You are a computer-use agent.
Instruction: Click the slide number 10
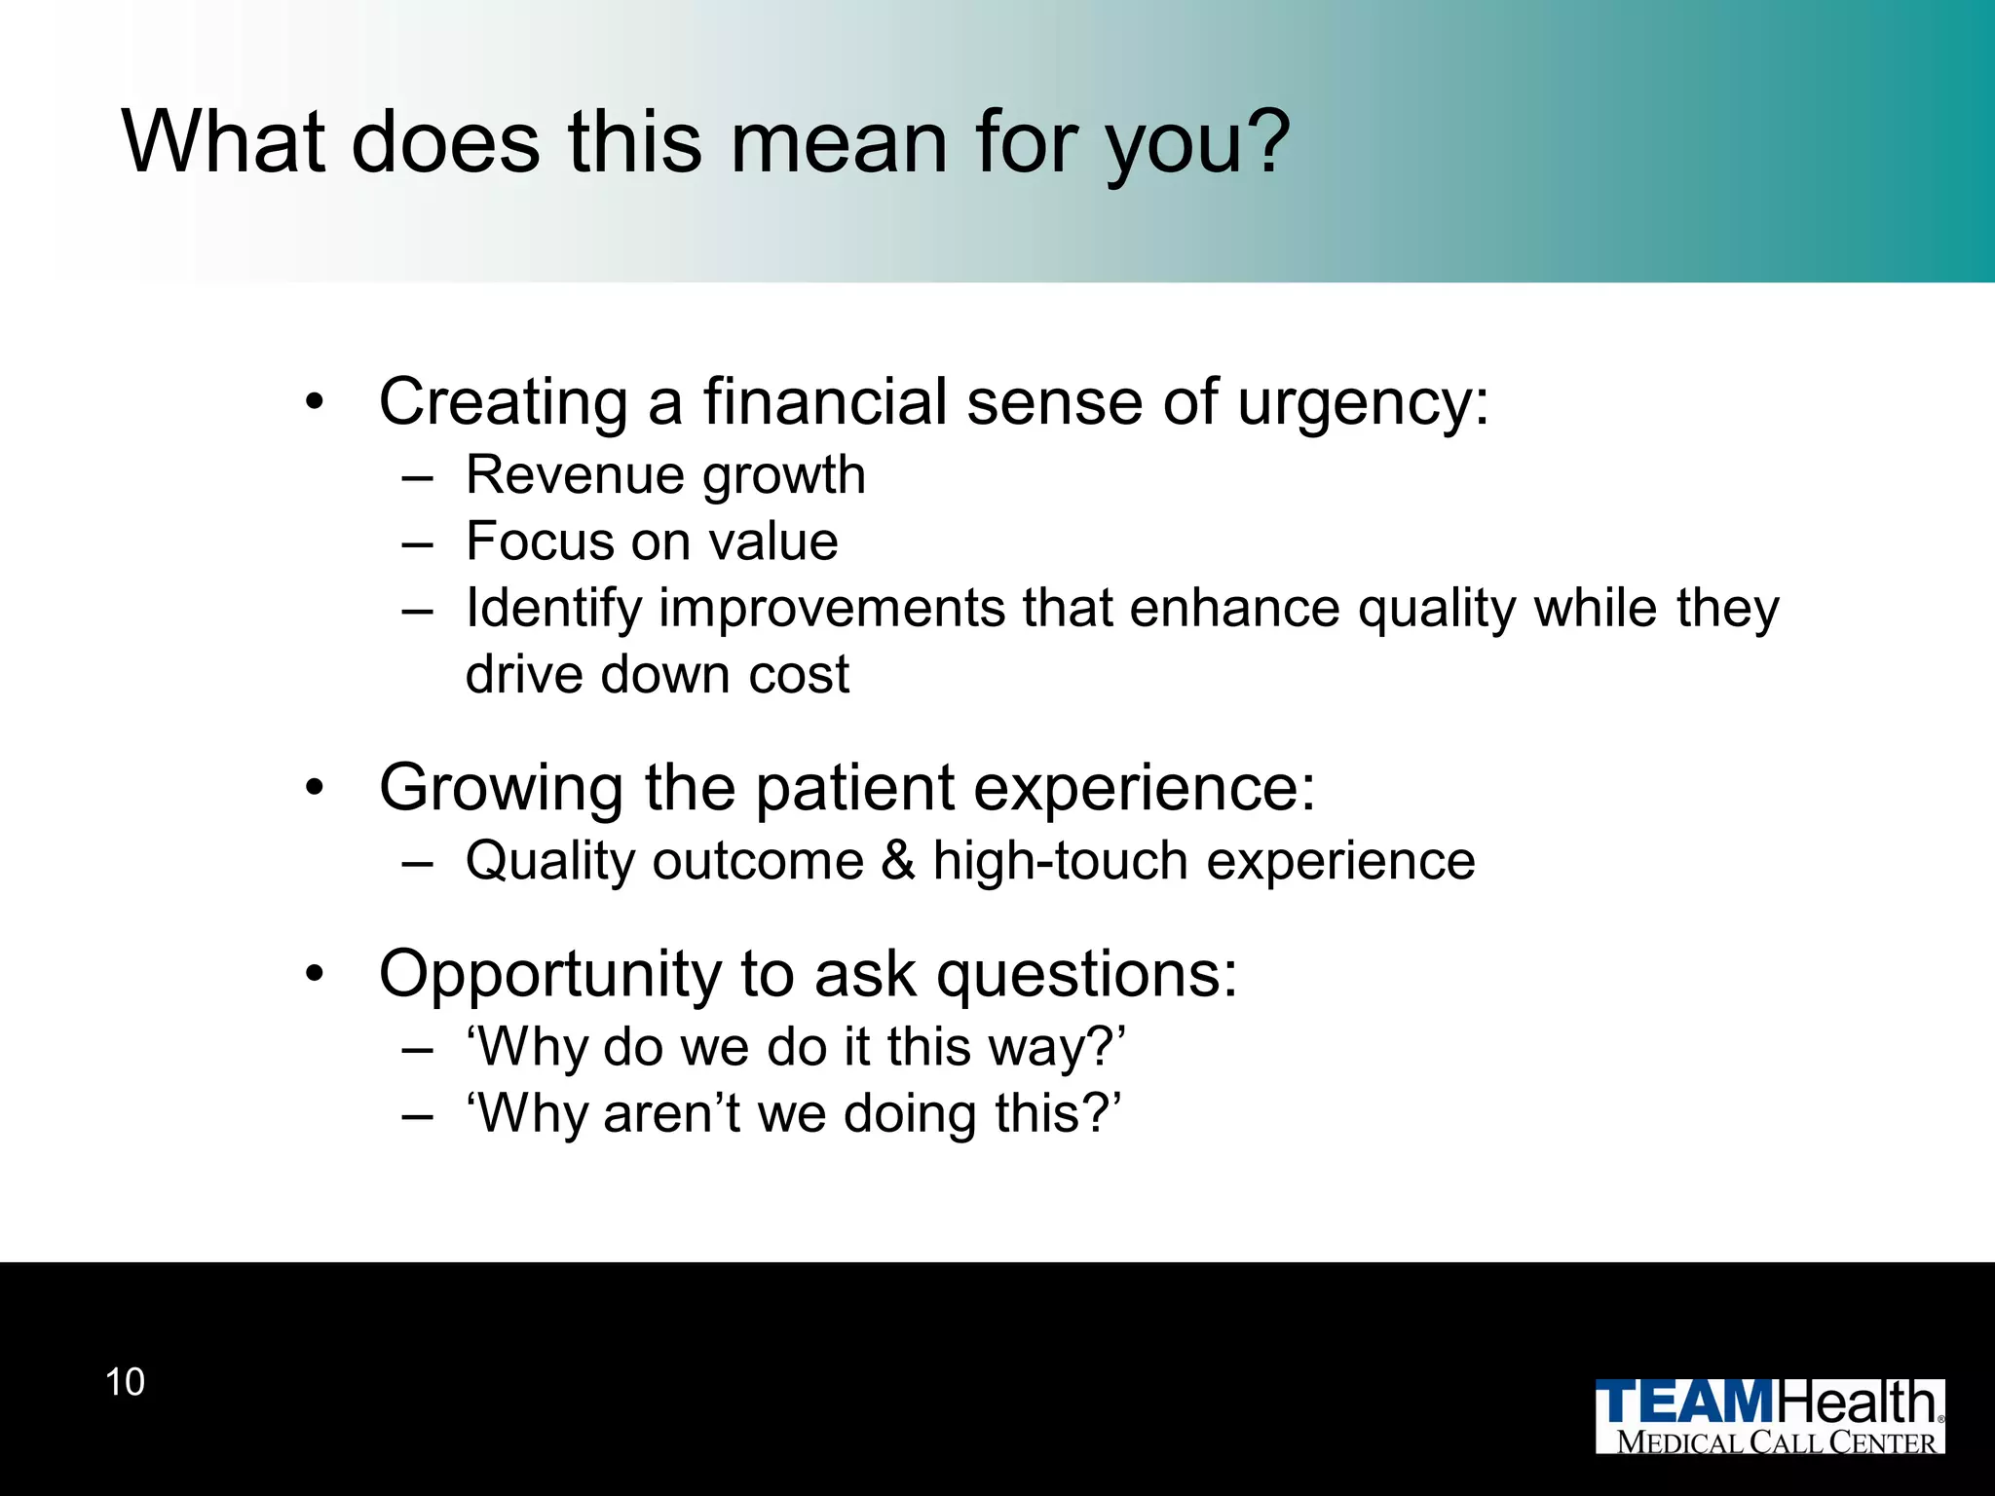coord(125,1382)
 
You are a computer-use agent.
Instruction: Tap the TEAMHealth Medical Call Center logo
coord(1769,1416)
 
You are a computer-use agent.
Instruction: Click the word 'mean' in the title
coord(838,143)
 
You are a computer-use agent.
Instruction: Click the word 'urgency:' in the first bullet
coord(1363,403)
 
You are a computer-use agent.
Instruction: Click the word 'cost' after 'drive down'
coord(799,675)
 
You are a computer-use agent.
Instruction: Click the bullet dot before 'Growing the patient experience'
coord(313,787)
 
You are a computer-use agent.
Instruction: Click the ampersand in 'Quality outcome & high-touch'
coord(898,861)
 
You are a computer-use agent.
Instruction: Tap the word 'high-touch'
coord(1060,861)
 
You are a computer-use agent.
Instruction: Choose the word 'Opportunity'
coord(549,974)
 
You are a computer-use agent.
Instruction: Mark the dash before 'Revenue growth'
coord(417,478)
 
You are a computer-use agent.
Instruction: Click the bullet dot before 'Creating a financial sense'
coord(313,401)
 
